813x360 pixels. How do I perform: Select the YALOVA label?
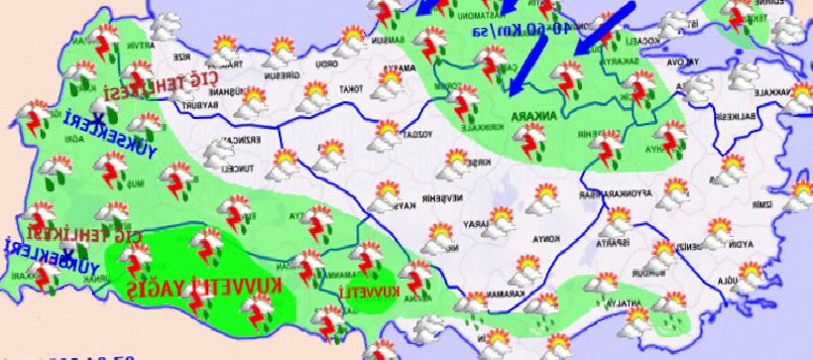coord(682,60)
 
